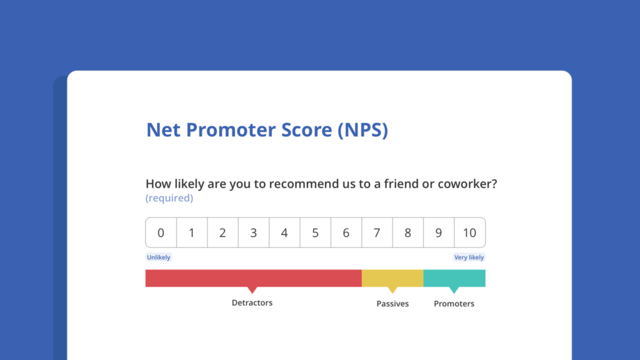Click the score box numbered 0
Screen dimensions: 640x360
pyautogui.click(x=161, y=232)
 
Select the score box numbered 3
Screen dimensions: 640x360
pyautogui.click(x=254, y=232)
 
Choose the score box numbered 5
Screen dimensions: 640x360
pyautogui.click(x=315, y=232)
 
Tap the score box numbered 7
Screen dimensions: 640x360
pyautogui.click(x=377, y=232)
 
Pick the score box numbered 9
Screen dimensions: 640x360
pyautogui.click(x=439, y=232)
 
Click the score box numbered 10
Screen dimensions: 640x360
pyautogui.click(x=470, y=232)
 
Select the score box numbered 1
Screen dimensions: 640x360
pyautogui.click(x=192, y=232)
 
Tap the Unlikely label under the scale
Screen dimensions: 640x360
pyautogui.click(x=158, y=257)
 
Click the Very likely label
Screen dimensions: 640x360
pyautogui.click(x=469, y=257)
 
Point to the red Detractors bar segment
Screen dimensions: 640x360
pyautogui.click(x=254, y=278)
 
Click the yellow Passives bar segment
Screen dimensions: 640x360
pyautogui.click(x=392, y=278)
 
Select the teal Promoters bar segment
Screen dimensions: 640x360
pyautogui.click(x=454, y=278)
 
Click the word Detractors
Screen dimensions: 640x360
pyautogui.click(x=252, y=303)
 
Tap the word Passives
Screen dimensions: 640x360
pyautogui.click(x=392, y=304)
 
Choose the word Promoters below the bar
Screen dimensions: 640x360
pyautogui.click(x=454, y=304)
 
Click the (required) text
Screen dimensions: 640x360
pyautogui.click(x=169, y=198)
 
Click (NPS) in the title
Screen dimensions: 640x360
pyautogui.click(x=362, y=130)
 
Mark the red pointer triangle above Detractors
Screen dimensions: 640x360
pyautogui.click(x=252, y=289)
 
